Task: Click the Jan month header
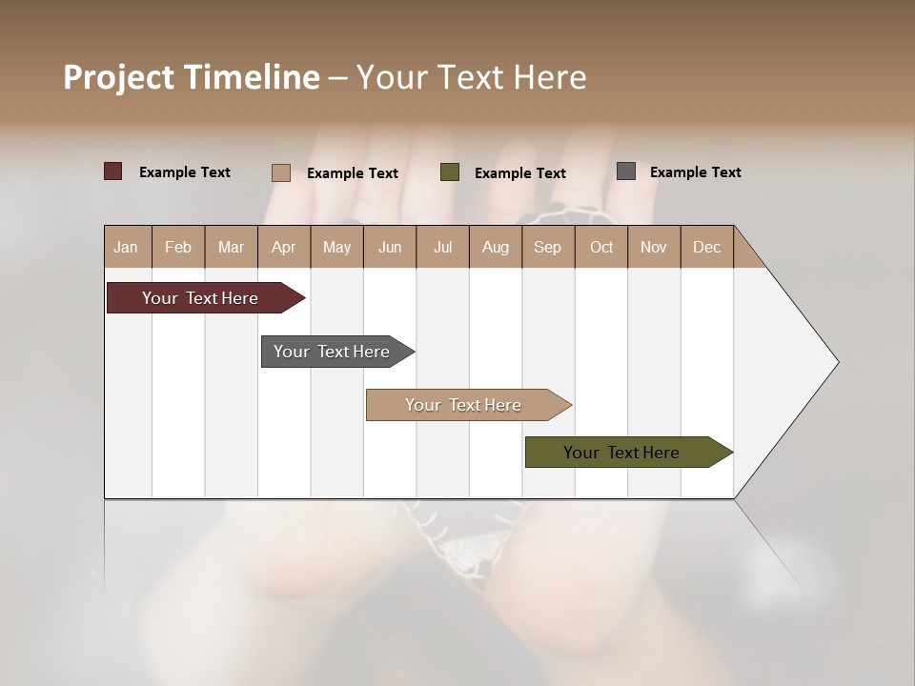click(127, 247)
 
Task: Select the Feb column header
click(178, 247)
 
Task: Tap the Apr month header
click(284, 247)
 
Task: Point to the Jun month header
click(390, 247)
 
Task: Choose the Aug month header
click(496, 247)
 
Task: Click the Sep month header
click(548, 247)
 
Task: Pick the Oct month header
click(601, 247)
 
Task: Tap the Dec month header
click(707, 247)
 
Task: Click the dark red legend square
click(113, 171)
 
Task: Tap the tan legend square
click(281, 172)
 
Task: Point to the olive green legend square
click(450, 172)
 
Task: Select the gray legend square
click(626, 171)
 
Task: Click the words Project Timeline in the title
click(192, 77)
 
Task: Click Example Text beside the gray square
click(696, 172)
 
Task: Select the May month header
click(336, 247)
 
